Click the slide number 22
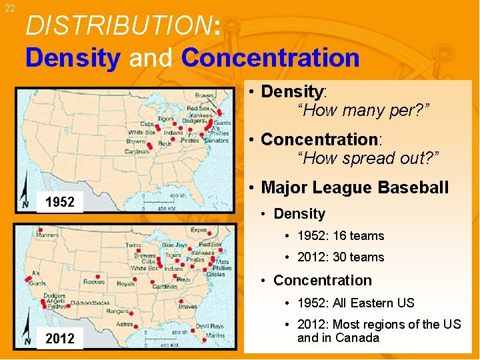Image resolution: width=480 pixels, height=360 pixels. click(9, 7)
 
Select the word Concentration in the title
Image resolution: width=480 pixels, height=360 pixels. click(270, 57)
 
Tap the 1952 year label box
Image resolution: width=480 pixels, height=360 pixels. click(59, 202)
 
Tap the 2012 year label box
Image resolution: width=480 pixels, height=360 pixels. click(59, 339)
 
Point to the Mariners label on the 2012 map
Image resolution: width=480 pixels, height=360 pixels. click(47, 234)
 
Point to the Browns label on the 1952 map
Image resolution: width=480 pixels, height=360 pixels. click(137, 141)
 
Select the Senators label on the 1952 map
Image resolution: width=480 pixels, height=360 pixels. click(217, 141)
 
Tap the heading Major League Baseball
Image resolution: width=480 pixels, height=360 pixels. click(355, 187)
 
